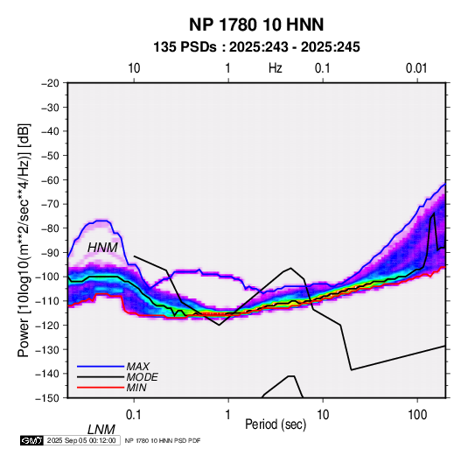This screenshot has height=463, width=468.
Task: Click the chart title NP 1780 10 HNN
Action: (256, 25)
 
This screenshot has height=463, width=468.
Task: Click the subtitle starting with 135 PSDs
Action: (256, 47)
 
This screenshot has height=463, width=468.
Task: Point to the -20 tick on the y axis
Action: (50, 83)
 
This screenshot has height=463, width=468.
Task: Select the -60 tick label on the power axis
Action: (50, 179)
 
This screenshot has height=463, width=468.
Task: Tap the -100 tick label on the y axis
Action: (47, 277)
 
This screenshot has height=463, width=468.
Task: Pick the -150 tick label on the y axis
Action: (47, 398)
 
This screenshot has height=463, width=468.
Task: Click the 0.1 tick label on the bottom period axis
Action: (133, 415)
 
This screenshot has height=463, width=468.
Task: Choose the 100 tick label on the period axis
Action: (417, 415)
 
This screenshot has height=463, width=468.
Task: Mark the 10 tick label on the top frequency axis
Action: (134, 68)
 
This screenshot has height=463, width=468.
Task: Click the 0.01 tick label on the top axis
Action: (416, 68)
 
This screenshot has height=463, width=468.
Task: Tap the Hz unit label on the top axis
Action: (276, 68)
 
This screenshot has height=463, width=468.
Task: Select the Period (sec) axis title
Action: (276, 424)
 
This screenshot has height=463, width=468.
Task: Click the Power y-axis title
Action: (24, 241)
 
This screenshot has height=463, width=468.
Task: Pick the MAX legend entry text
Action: (138, 367)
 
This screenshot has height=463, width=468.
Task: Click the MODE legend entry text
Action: (142, 377)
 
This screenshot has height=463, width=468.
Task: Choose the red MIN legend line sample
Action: (101, 388)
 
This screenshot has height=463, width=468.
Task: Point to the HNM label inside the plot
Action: (102, 248)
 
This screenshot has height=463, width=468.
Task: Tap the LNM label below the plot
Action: (101, 430)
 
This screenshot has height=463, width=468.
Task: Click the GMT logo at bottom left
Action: (32, 440)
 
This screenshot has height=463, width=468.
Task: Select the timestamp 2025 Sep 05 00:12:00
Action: (81, 440)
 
